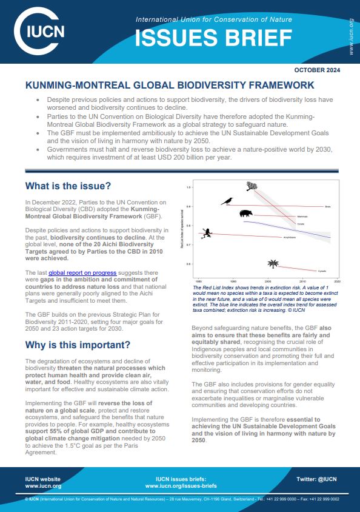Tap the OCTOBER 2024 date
click(x=317, y=70)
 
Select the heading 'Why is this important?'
click(x=78, y=345)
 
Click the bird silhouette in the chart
click(x=227, y=201)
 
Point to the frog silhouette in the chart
click(x=207, y=232)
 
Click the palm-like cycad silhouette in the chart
click(x=274, y=263)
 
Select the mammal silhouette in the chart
click(x=246, y=214)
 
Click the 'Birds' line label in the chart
click(x=328, y=207)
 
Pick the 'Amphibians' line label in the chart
click(x=290, y=237)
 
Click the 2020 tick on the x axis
click(x=336, y=282)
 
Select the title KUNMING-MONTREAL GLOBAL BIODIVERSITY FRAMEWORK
click(x=169, y=86)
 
